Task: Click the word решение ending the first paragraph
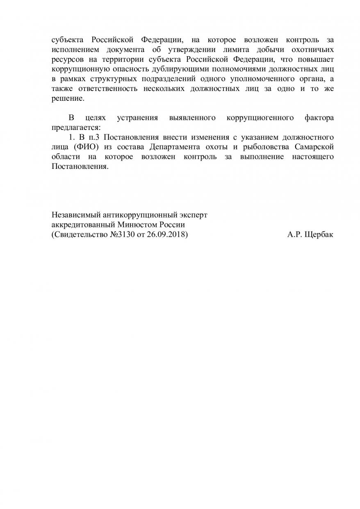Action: [67, 99]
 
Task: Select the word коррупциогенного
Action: [260, 118]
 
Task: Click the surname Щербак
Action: [319, 235]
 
